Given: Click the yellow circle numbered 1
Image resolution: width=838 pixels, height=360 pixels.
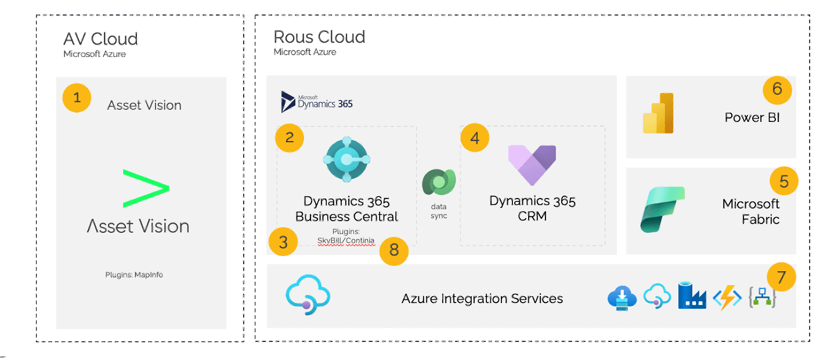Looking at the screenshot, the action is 77,98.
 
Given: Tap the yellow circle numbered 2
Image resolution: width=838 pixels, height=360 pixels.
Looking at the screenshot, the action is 289,138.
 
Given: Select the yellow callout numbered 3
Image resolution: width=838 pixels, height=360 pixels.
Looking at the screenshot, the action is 283,242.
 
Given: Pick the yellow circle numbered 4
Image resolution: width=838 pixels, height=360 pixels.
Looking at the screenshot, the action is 475,138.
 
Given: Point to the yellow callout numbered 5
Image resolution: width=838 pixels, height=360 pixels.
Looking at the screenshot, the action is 784,181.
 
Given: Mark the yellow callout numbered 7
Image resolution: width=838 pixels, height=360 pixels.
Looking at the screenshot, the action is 781,277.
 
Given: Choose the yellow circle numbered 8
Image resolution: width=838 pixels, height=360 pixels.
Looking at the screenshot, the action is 393,251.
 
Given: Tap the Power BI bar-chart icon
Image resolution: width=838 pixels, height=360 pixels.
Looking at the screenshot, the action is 658,113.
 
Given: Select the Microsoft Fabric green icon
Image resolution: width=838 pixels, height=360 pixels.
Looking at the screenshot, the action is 662,210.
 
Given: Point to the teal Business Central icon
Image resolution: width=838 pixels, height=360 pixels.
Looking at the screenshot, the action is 347,160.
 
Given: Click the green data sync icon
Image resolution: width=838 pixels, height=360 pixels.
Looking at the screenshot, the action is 439,182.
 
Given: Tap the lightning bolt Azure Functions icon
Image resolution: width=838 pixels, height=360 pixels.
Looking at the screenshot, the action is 727,298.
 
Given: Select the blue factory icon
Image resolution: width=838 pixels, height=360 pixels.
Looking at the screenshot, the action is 692,296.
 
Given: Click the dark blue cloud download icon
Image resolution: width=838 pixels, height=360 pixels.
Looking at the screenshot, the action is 622,298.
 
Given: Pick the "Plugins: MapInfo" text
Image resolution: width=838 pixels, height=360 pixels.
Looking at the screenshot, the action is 134,275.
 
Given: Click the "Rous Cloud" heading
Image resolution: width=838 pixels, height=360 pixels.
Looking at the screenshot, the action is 319,37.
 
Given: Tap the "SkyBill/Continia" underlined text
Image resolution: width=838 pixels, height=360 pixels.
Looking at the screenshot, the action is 346,240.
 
